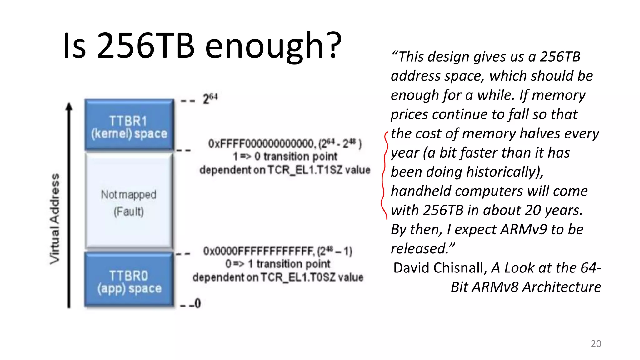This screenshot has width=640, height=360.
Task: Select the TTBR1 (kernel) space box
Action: click(x=129, y=125)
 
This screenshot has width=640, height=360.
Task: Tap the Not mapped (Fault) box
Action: click(x=129, y=202)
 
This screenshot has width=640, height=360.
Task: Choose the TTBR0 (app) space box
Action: click(x=129, y=280)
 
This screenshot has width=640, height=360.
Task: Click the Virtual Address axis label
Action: click(x=55, y=219)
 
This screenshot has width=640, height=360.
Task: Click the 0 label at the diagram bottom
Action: click(x=197, y=303)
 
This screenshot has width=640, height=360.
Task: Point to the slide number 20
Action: click(x=596, y=343)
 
